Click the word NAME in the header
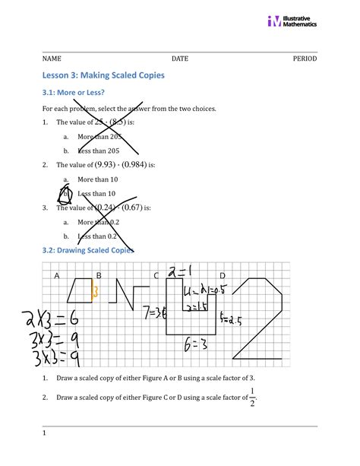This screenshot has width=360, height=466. coord(52,59)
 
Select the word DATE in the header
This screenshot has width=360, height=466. coord(180,59)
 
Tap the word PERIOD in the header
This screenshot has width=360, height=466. coord(305,59)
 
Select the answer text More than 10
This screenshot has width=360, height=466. coord(99,179)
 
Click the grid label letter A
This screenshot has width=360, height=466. coord(56,275)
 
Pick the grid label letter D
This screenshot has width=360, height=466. coord(223,275)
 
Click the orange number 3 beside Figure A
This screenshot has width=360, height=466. coord(95,290)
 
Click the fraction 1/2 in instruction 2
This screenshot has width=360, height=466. coord(252,397)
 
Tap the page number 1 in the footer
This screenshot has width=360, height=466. coord(45,433)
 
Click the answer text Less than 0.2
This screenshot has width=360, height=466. coord(99,236)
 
